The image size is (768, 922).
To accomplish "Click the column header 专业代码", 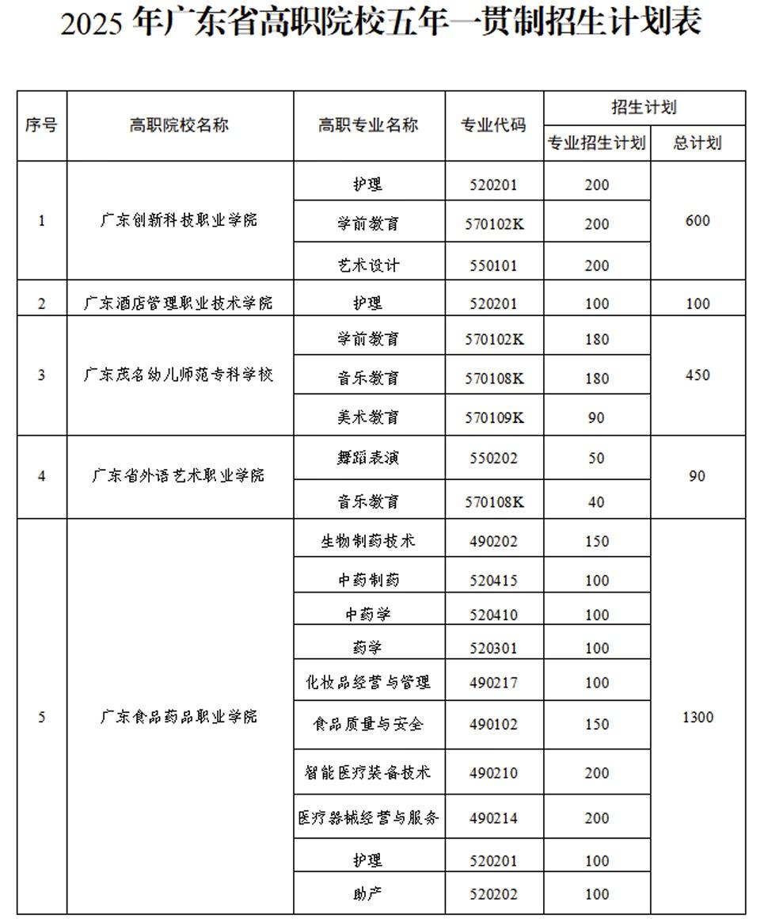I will point(494,125).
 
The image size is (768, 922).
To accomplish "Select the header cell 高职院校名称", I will point(179,125).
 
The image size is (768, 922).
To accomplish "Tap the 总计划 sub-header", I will point(697,143).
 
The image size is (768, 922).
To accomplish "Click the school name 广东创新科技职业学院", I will point(179,220).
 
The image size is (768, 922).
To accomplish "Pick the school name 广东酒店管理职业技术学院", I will point(179,303).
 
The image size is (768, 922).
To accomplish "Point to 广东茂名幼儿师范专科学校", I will point(179,375).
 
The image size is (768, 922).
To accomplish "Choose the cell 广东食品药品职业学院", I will point(179,717).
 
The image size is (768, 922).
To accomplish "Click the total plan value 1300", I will point(697,717).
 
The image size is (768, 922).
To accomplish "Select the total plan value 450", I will point(697,375).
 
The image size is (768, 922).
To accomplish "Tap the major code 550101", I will point(494,265).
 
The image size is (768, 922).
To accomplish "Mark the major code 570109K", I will point(494,417).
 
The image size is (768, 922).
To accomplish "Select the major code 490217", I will point(494,683).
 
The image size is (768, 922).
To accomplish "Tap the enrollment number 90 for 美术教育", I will point(596,417).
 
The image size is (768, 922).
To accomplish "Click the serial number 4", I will point(42,476).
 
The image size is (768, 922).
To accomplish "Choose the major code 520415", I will point(494,581).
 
